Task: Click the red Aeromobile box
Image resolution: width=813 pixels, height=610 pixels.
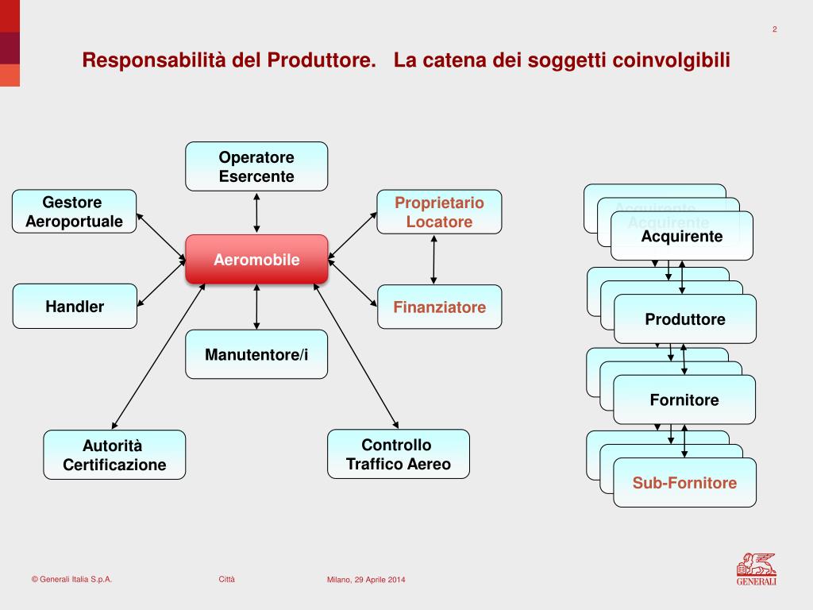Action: pos(256,260)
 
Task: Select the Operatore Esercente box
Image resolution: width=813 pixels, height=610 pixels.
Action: pos(256,167)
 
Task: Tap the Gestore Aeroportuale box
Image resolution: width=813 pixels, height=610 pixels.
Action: pos(74,211)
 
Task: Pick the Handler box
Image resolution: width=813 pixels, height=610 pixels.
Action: pos(75,307)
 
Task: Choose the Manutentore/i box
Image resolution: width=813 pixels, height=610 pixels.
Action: pos(256,354)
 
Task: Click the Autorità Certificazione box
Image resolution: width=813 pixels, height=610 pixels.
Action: pos(114,455)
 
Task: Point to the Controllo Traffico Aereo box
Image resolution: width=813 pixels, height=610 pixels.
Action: pos(399,454)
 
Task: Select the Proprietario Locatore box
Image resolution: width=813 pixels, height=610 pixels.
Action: pos(439,212)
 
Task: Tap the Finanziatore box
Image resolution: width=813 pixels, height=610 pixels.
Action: pos(439,307)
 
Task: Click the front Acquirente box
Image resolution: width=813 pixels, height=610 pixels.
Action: pos(682,237)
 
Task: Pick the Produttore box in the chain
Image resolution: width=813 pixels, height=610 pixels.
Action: pos(685,319)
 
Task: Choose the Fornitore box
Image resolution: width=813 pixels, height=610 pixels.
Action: pos(684,400)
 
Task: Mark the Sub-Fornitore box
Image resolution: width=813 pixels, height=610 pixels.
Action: pos(684,483)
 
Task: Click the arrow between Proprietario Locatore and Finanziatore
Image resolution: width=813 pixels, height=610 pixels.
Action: pos(433,259)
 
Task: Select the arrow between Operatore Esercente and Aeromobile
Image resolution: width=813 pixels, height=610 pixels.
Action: pos(256,212)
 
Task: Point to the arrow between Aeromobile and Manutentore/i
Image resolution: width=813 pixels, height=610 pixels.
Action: pos(256,307)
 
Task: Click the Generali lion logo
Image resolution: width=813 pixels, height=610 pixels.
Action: pos(756,569)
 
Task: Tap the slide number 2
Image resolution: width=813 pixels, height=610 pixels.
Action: pos(774,30)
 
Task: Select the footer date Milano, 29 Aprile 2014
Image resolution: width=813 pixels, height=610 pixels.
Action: pos(366,580)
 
